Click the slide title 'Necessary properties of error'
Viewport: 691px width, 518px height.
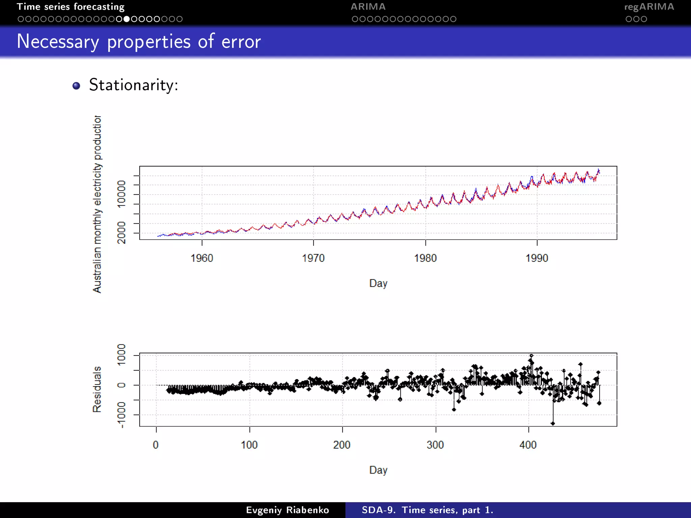pyautogui.click(x=139, y=41)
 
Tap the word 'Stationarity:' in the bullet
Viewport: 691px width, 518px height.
pyautogui.click(x=133, y=85)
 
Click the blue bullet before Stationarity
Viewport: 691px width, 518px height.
pyautogui.click(x=77, y=86)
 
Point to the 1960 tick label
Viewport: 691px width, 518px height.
pyautogui.click(x=202, y=258)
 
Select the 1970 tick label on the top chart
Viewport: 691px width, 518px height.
pyautogui.click(x=313, y=258)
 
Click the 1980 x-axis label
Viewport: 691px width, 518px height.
pyautogui.click(x=425, y=258)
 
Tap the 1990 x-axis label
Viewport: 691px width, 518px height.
pyautogui.click(x=537, y=258)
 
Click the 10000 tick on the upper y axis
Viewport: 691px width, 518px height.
pyautogui.click(x=121, y=194)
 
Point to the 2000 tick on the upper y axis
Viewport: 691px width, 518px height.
pyautogui.click(x=121, y=232)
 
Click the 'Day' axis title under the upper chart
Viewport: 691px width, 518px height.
pyautogui.click(x=378, y=283)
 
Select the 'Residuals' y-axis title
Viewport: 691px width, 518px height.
pyautogui.click(x=97, y=389)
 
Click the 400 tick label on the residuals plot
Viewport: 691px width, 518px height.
pyautogui.click(x=528, y=445)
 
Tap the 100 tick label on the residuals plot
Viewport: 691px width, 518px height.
pyautogui.click(x=249, y=445)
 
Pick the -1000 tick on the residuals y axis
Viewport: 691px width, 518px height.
pyautogui.click(x=121, y=414)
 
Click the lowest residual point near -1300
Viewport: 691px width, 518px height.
pyautogui.click(x=553, y=423)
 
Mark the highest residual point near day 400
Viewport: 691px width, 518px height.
pyautogui.click(x=531, y=356)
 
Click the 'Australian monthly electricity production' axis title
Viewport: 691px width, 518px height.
pyautogui.click(x=97, y=204)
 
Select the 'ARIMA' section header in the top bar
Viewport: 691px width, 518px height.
pyautogui.click(x=368, y=7)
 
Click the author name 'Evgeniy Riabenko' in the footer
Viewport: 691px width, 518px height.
pyautogui.click(x=287, y=510)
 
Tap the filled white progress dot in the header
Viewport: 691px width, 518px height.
pyautogui.click(x=127, y=19)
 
